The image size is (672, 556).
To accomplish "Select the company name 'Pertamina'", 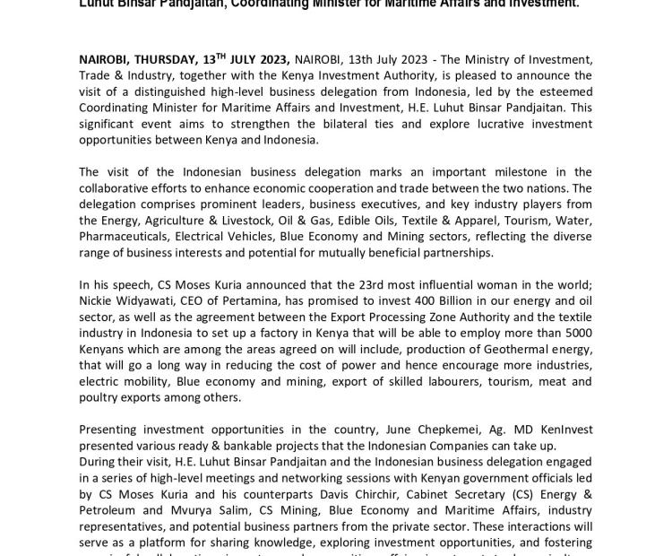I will tap(272, 301).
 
